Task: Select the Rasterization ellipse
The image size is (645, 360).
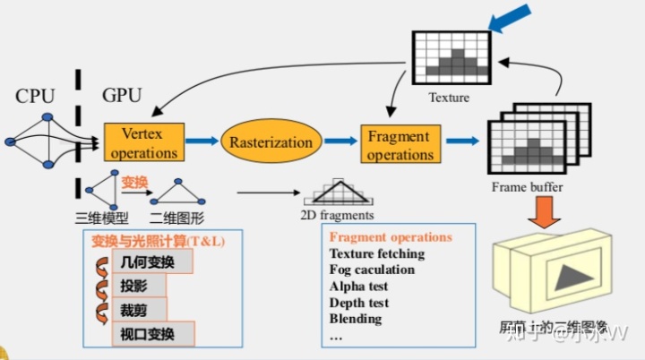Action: point(271,141)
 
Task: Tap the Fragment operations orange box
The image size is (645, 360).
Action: point(400,143)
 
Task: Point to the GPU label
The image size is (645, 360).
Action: point(122,95)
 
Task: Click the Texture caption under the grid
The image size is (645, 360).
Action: point(449,97)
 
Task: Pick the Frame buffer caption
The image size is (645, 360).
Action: point(528,187)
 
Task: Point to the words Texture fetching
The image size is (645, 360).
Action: point(376,254)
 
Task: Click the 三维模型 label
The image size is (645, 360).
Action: point(102,216)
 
